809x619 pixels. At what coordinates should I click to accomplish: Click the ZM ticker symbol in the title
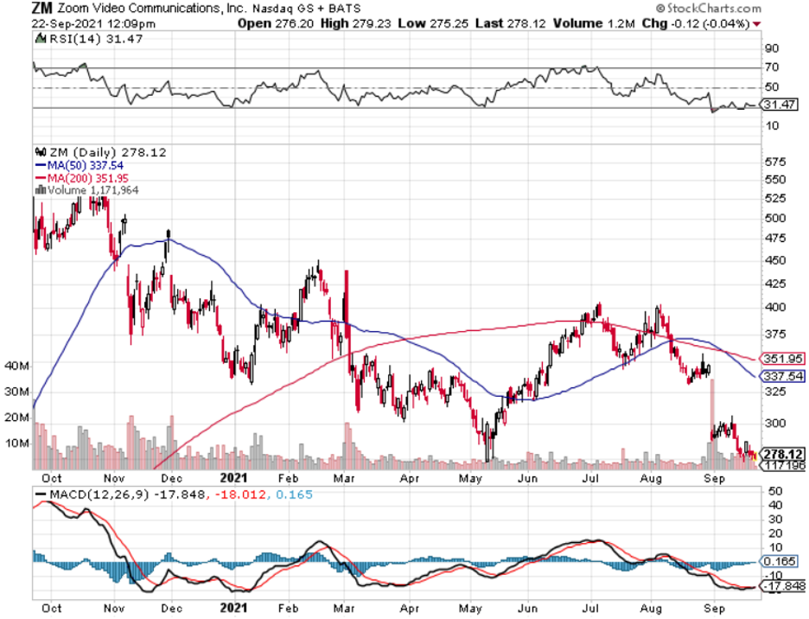click(42, 9)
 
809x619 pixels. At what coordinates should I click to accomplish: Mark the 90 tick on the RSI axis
click(771, 48)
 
